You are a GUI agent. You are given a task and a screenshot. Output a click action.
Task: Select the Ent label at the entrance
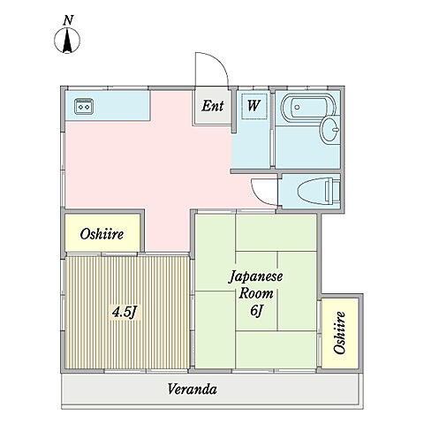pos(212,106)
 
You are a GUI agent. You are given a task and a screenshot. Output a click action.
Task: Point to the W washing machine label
pos(253,107)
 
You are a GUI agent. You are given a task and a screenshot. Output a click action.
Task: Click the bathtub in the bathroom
pos(306,110)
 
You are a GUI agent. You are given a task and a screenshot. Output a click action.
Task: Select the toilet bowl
pos(308,190)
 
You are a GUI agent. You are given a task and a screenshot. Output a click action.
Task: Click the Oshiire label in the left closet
pos(102,234)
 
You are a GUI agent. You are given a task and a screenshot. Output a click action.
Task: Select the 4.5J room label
pos(123,311)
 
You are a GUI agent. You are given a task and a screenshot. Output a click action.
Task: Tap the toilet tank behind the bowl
pos(333,190)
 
